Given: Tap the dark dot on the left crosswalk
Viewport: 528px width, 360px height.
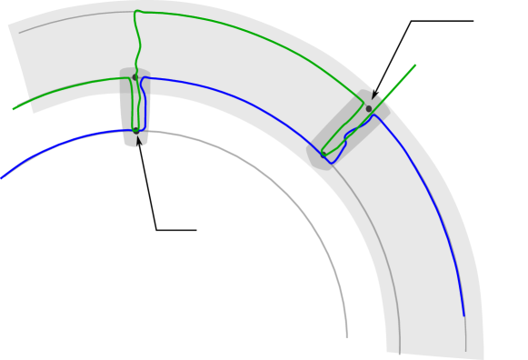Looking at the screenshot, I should tap(135, 77).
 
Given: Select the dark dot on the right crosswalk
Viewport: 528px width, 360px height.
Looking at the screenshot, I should tap(369, 108).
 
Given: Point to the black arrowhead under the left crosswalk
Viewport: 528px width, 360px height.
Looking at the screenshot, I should tap(139, 141).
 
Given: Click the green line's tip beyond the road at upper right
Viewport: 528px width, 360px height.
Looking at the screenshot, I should tap(415, 65).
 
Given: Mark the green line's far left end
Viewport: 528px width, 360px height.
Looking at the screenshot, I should tap(14, 109).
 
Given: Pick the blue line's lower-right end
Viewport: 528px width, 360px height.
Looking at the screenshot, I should tap(464, 316).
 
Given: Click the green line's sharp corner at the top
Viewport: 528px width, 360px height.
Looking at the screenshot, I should tap(134, 12).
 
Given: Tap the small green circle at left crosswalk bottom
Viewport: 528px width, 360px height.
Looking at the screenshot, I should tap(135, 130).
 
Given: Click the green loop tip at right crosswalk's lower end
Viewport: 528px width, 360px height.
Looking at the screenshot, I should tap(324, 153).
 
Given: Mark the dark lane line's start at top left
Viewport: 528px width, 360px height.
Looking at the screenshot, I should tap(20, 33).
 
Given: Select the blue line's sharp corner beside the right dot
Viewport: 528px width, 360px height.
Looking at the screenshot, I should tap(374, 115).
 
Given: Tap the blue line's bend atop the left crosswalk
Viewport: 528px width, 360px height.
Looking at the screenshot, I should tap(144, 79).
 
